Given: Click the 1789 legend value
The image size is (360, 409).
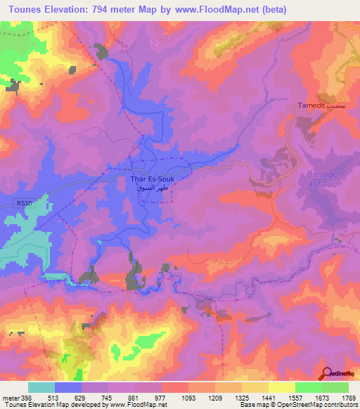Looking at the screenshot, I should coord(347,396).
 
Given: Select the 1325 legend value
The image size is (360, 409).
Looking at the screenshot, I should coord(240,396).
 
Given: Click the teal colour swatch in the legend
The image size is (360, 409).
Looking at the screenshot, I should coord(41,387).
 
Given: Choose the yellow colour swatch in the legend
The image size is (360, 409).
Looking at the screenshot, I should coord(281,387).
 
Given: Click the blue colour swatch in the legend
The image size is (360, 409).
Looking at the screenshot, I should coord(68,387).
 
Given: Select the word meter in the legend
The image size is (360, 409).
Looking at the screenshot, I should coord(10,396).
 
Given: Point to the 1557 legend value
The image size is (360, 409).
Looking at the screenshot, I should coord(294,396).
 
